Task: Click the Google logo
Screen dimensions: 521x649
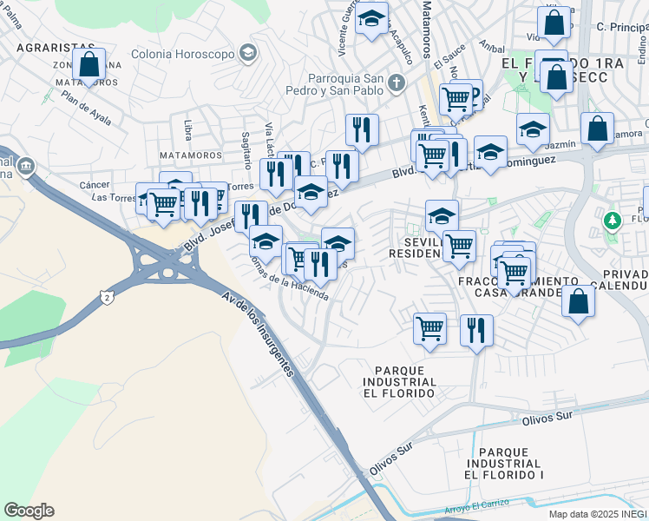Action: (29, 511)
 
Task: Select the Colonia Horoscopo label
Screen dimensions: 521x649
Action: (183, 54)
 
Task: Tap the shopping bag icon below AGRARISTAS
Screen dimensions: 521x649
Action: (88, 65)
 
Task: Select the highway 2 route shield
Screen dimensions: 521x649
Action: (106, 297)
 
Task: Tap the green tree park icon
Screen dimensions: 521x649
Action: (613, 221)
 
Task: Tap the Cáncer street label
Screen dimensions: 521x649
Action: (95, 185)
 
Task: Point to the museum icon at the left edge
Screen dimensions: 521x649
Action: (26, 165)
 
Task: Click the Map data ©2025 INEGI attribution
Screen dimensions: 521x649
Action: (597, 514)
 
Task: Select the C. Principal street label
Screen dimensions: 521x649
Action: (623, 27)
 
